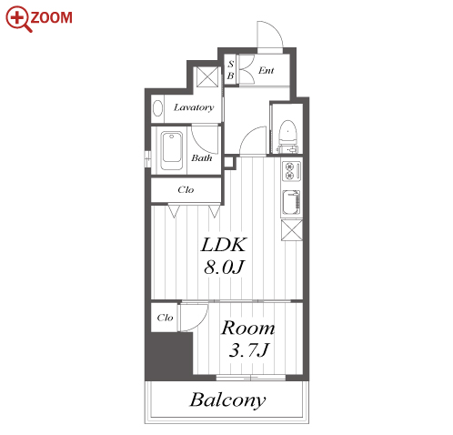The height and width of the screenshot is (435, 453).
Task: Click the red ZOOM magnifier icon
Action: [x=18, y=19]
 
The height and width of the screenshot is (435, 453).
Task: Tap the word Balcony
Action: [x=227, y=400]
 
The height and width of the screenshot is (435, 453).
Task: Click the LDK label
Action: [x=224, y=245]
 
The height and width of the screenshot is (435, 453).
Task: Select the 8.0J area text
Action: [x=224, y=267]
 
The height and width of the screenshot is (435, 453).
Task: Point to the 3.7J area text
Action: [x=248, y=349]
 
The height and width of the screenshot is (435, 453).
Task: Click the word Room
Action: [x=248, y=329]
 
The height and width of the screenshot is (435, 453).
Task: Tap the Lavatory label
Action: [x=194, y=107]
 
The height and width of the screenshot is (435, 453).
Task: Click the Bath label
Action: [x=201, y=157]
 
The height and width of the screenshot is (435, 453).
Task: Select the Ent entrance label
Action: [x=266, y=71]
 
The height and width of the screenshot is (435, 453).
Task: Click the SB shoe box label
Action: [x=231, y=70]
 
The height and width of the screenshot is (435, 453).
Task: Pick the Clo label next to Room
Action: [x=165, y=318]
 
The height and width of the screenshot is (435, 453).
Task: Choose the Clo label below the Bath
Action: [x=186, y=190]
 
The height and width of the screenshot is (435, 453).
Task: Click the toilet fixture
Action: [x=287, y=133]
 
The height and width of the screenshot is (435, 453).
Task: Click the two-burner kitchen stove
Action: [x=292, y=171]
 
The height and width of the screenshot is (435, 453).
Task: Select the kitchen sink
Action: [x=292, y=203]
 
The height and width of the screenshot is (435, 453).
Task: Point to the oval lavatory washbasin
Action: [x=157, y=108]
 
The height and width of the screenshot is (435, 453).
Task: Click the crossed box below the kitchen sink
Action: [x=292, y=230]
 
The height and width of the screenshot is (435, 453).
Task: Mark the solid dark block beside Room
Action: [x=169, y=356]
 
